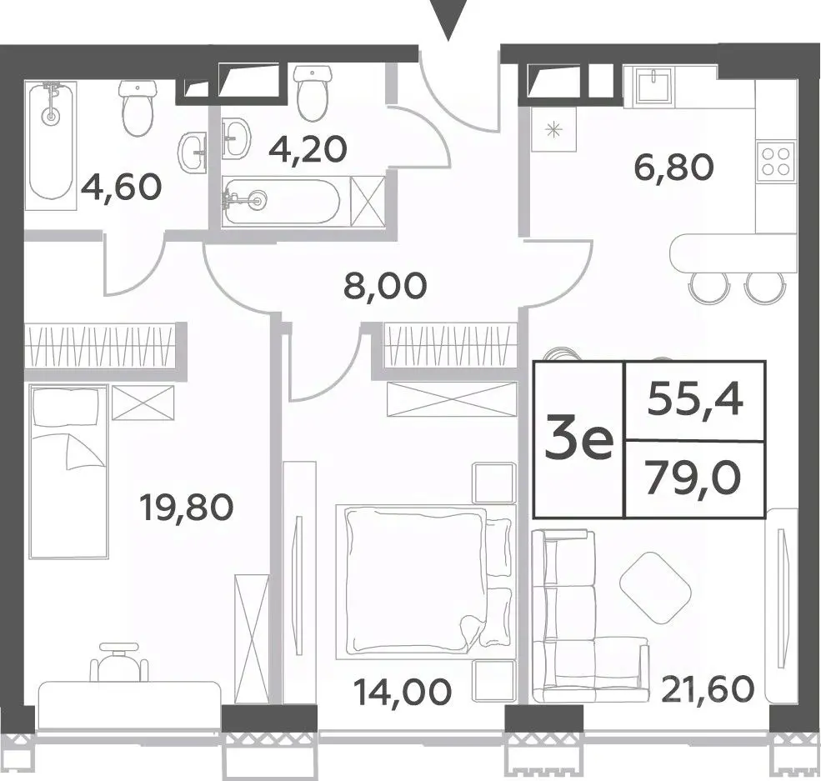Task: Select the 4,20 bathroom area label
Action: tap(308, 148)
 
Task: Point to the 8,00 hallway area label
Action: tap(387, 287)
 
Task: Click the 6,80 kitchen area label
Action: tap(673, 168)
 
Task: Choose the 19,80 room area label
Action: tap(187, 508)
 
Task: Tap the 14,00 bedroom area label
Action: tap(402, 691)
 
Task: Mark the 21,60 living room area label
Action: tap(708, 688)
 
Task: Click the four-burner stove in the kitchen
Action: tap(776, 161)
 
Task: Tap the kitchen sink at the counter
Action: tap(652, 85)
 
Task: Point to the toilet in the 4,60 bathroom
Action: tap(138, 108)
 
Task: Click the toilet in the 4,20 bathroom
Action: tap(313, 93)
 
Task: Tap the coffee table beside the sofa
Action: tap(651, 588)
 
